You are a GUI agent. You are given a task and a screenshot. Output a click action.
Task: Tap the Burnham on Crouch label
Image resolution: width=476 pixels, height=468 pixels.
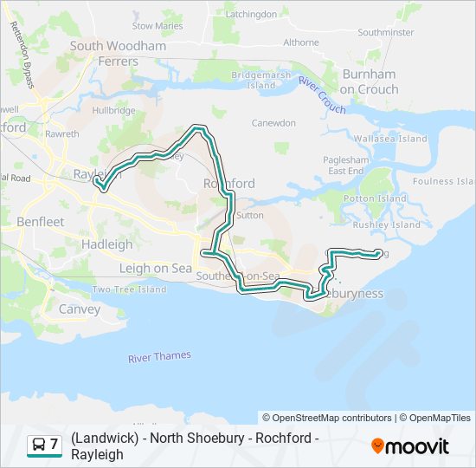(370, 81)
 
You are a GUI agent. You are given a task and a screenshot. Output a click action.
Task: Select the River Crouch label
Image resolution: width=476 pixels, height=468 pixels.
(322, 94)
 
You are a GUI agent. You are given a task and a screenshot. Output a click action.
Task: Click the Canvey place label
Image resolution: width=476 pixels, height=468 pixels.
(80, 309)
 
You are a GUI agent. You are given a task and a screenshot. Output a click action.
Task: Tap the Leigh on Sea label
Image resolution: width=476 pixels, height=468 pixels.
(156, 268)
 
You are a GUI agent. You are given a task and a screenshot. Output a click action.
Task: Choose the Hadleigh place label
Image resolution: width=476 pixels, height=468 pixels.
(107, 244)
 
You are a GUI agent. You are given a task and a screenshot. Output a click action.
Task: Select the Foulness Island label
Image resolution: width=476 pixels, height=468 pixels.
(443, 181)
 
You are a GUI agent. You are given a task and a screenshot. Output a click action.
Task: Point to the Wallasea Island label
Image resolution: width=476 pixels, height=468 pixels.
(390, 139)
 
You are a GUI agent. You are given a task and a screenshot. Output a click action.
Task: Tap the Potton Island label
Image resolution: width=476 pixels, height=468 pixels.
(375, 198)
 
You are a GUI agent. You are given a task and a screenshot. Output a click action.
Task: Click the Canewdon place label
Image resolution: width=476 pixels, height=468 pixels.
(273, 123)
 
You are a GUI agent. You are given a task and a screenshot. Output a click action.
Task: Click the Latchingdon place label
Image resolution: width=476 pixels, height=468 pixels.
(251, 14)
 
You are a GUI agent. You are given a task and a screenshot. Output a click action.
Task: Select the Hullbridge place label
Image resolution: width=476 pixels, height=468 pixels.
(114, 111)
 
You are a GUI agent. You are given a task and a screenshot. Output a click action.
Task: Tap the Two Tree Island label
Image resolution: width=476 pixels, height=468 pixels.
(129, 289)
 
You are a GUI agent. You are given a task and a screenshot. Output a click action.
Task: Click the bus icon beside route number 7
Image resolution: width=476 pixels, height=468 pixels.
(39, 445)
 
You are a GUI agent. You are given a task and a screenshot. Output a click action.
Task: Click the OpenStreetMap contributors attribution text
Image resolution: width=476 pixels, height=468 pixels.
(327, 418)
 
